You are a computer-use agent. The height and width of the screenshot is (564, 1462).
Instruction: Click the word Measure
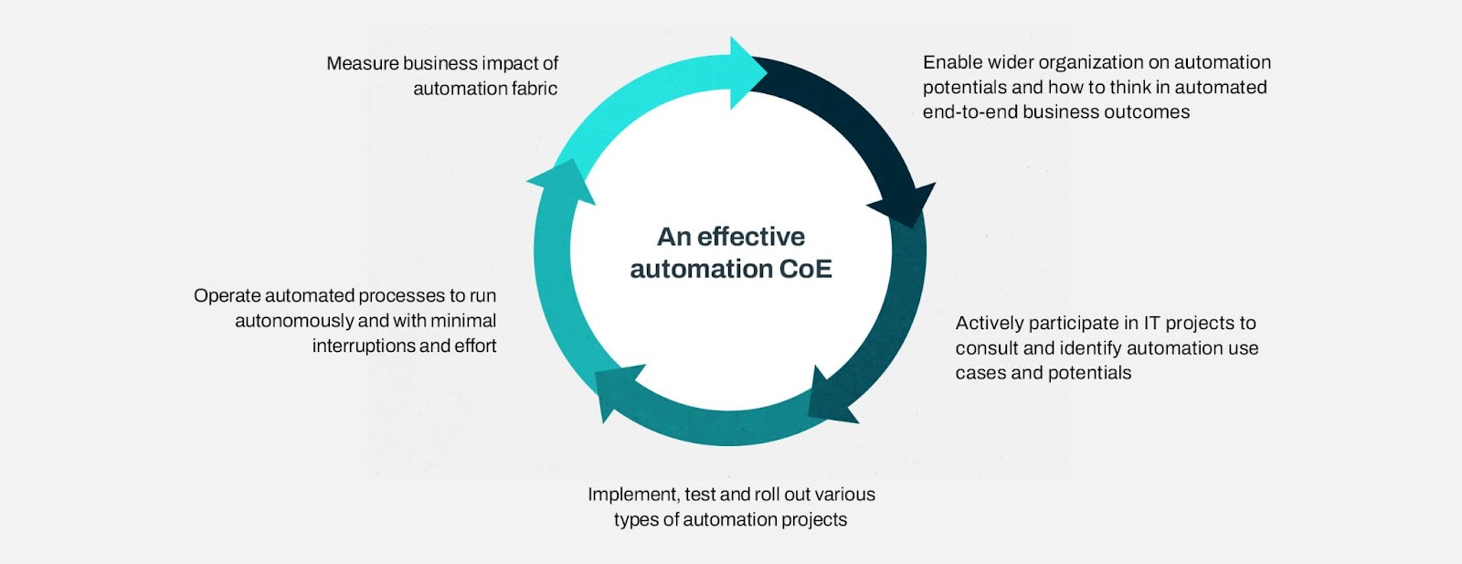click(363, 63)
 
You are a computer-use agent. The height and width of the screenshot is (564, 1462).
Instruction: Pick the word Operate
click(227, 296)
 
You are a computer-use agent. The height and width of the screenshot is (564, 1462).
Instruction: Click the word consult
click(986, 348)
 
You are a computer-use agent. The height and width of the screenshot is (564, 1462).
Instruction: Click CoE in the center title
click(805, 269)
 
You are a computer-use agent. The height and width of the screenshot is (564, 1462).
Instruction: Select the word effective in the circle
click(751, 237)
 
